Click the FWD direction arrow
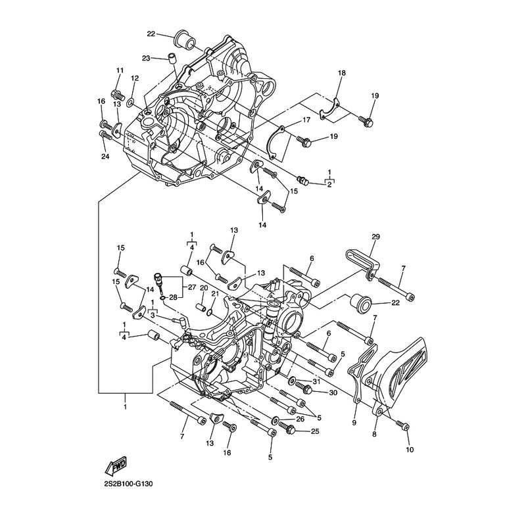tap(116, 466)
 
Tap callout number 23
tap(146, 58)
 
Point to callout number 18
tap(342, 73)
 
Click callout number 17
tap(306, 120)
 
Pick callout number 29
tap(375, 237)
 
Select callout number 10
tap(410, 450)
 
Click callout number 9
tap(354, 423)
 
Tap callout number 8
tap(374, 435)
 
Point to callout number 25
tap(315, 431)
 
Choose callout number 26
tap(300, 419)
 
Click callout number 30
tap(333, 393)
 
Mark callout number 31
tap(316, 381)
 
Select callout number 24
tap(105, 156)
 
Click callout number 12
tap(135, 78)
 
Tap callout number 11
tap(120, 70)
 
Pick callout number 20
tap(204, 288)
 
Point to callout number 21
tap(215, 293)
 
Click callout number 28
tap(174, 298)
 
